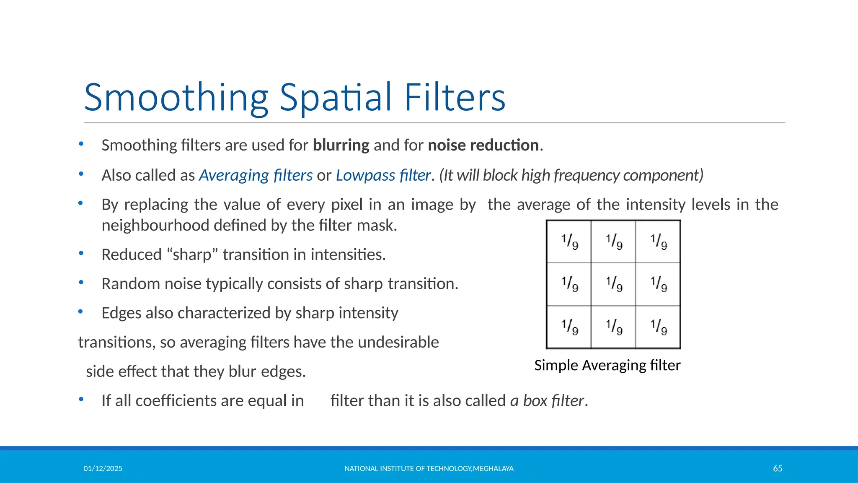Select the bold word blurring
pyautogui.click(x=341, y=145)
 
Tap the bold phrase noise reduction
pyautogui.click(x=483, y=145)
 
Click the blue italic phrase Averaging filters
pyautogui.click(x=256, y=175)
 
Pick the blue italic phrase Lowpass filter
pyautogui.click(x=383, y=175)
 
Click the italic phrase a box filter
pyautogui.click(x=547, y=401)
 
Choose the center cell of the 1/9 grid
pyautogui.click(x=613, y=284)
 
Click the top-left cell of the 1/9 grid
pyautogui.click(x=569, y=242)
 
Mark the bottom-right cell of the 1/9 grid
pyautogui.click(x=658, y=327)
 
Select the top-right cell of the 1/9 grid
pyautogui.click(x=658, y=242)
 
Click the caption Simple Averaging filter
pyautogui.click(x=607, y=365)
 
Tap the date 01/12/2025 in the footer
pyautogui.click(x=103, y=469)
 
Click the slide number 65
pyautogui.click(x=778, y=469)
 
